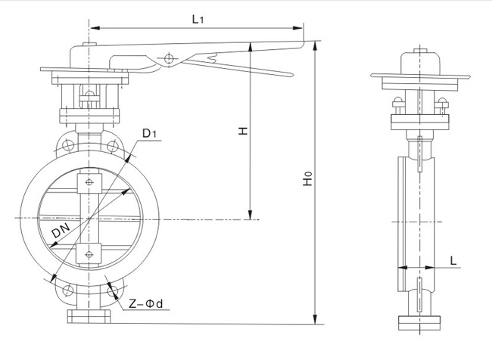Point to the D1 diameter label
point(149,135)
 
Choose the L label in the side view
point(453,259)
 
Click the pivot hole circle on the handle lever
point(168,57)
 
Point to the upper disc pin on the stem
point(90,182)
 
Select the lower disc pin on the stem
point(90,255)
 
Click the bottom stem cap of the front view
point(90,315)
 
